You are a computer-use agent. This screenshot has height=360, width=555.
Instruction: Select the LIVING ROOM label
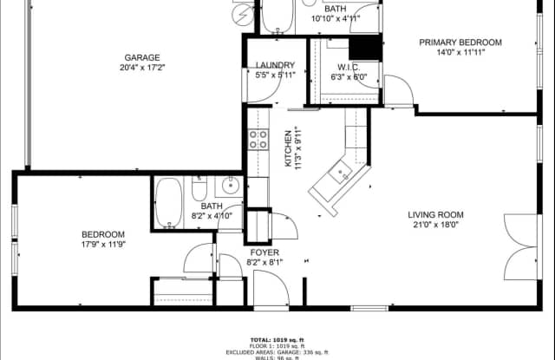pos(436,215)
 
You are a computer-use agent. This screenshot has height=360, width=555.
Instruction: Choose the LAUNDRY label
pos(275,65)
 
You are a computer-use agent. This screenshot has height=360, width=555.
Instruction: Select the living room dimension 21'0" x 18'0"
pos(436,226)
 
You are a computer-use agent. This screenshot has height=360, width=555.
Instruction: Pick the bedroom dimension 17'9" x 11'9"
pos(103,244)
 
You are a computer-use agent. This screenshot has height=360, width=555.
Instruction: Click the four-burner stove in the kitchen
pos(258,140)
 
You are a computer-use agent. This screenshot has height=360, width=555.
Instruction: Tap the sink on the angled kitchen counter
pos(341,173)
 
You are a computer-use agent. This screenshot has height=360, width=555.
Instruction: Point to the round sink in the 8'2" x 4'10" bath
pos(230,185)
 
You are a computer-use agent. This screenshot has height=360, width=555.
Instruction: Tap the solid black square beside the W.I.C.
pos(365,45)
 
